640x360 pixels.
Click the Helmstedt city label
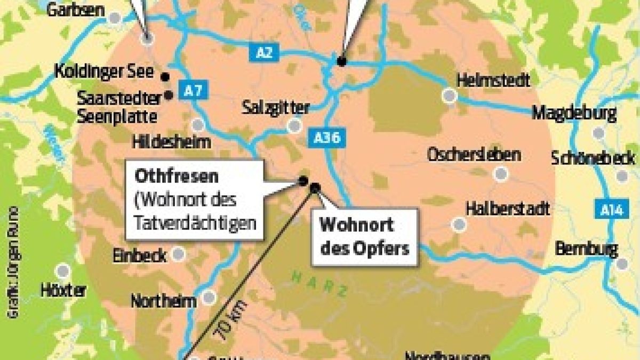click(494, 81)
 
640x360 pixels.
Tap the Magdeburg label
click(574, 113)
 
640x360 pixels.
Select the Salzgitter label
click(275, 107)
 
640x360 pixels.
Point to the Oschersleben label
click(474, 155)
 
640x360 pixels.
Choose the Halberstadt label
click(507, 209)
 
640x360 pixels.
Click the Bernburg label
click(586, 249)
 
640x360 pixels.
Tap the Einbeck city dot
click(178, 254)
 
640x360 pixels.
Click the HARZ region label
click(319, 283)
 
